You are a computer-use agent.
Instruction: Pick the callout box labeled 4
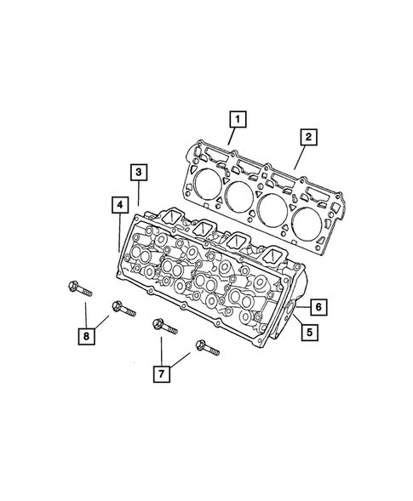click(x=119, y=205)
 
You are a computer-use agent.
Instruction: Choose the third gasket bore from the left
click(x=274, y=207)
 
